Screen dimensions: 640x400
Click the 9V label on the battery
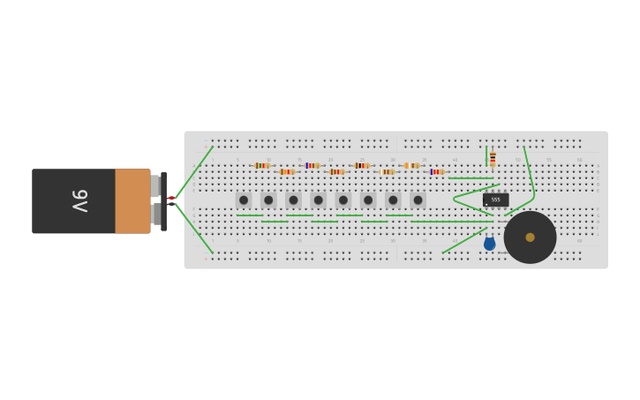tap(79, 200)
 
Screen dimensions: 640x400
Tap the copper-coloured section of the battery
tap(132, 201)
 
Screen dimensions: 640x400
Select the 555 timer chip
tap(495, 200)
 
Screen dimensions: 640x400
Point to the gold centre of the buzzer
tap(530, 237)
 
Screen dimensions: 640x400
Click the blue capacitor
tap(489, 244)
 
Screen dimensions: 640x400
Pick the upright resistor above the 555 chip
tap(493, 159)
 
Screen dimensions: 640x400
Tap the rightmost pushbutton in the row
tap(418, 200)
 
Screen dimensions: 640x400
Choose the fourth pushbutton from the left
tap(319, 200)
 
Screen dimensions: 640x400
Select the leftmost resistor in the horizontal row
tap(261, 165)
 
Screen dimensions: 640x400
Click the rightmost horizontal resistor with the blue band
tap(436, 171)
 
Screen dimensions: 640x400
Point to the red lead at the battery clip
tap(171, 198)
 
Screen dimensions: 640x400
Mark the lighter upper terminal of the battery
tap(155, 185)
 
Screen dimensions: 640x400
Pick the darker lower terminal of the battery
tap(155, 214)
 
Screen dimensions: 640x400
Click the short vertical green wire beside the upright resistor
tap(486, 157)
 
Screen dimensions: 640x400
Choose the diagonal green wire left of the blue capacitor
tap(463, 240)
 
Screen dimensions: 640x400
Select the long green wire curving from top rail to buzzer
tap(530, 172)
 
